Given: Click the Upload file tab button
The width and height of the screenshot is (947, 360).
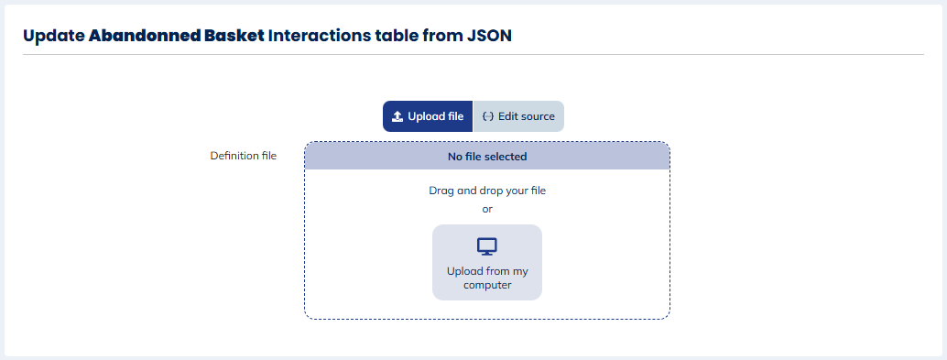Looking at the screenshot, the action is point(428,116).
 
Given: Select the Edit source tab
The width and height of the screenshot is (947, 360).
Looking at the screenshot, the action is point(518,116).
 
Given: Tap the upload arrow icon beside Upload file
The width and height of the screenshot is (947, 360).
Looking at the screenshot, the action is point(397,116).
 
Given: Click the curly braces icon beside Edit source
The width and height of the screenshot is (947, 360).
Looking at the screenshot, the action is point(488,116).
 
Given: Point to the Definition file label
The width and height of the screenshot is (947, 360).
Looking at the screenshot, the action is point(244,156).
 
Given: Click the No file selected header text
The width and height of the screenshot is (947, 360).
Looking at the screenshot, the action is point(487,157).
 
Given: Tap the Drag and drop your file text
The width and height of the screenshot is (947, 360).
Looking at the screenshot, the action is point(487,191).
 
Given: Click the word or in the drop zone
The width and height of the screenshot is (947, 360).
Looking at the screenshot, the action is point(487,209).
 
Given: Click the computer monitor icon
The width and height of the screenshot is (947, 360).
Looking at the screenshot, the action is point(487,246).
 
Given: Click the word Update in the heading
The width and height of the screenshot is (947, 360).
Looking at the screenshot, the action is point(53,37).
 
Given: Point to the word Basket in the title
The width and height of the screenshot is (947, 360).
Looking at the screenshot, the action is point(234,36).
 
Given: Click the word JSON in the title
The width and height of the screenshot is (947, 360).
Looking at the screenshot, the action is point(489,36).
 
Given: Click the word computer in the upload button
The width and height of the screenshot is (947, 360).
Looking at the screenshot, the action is point(487,285).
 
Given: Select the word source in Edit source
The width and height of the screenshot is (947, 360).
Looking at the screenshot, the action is point(537,116).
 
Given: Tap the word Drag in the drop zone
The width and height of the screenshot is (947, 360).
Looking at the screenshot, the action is point(441,191).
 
